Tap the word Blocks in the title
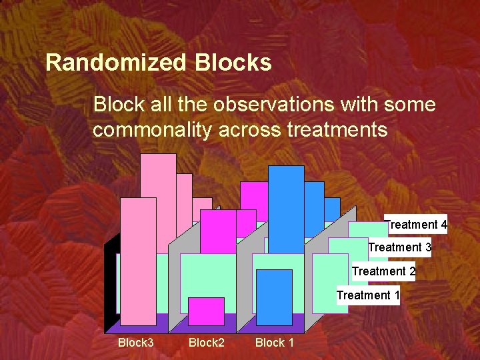coord(233,63)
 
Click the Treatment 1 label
coord(368,295)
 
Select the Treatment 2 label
coord(383,271)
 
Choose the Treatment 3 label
coord(399,247)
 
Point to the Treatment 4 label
coord(417,225)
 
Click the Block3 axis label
coord(135,343)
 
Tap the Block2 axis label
coord(206,343)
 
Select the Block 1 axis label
coord(274,343)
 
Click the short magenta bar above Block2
coord(206,311)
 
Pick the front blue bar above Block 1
coord(274,297)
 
